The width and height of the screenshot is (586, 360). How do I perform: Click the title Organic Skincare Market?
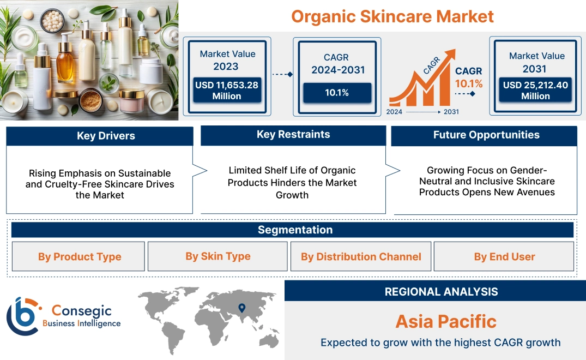(x=392, y=16)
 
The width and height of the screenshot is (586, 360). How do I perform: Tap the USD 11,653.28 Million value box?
(x=226, y=91)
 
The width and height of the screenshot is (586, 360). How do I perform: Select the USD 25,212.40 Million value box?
(x=535, y=91)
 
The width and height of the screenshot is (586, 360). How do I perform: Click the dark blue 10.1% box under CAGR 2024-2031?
(x=337, y=93)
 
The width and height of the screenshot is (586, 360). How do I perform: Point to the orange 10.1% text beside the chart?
(x=469, y=83)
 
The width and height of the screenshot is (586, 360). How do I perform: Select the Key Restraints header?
(x=293, y=135)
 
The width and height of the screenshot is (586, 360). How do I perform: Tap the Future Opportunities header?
(x=486, y=135)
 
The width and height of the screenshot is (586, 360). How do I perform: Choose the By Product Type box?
(x=80, y=256)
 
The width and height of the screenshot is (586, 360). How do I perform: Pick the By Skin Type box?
(x=218, y=256)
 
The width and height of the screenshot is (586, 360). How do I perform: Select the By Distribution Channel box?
(x=361, y=256)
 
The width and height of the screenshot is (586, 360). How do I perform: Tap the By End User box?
(x=504, y=256)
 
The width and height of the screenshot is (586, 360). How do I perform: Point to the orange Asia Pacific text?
(x=446, y=321)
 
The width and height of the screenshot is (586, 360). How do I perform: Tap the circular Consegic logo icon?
(x=22, y=316)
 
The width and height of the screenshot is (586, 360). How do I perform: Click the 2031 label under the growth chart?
(x=451, y=112)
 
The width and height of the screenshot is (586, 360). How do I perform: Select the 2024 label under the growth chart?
(x=395, y=112)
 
